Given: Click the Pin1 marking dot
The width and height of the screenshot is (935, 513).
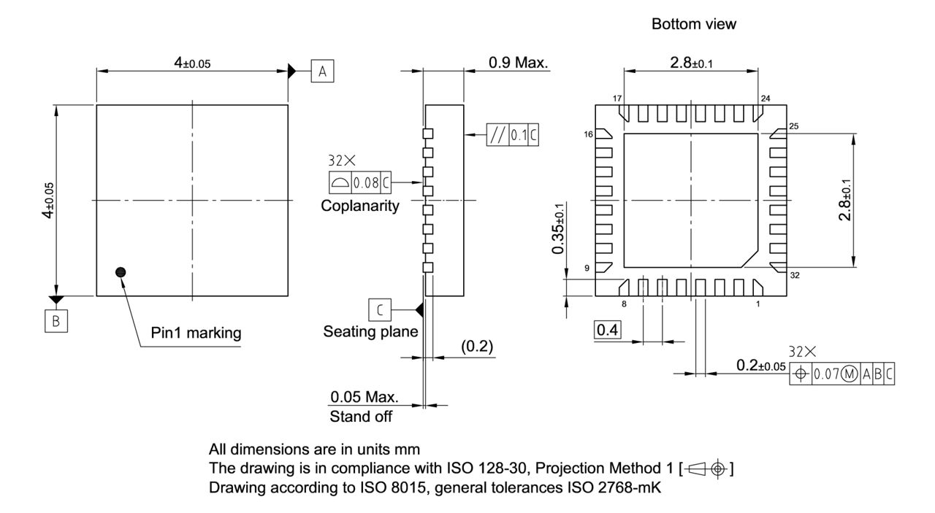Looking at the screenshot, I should point(121,271).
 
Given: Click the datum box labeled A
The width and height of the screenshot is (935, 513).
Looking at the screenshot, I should point(322,71).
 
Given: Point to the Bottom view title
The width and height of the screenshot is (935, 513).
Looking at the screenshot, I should point(694,25).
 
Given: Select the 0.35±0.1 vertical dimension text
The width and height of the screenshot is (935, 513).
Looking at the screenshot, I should point(559,229).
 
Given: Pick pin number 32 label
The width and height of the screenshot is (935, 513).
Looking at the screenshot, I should point(794,275).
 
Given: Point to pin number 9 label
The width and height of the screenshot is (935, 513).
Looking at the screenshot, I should point(587,269).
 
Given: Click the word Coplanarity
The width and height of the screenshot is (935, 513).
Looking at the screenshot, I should point(360,206).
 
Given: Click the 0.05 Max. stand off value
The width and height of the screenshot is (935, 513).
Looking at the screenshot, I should point(363,398).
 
